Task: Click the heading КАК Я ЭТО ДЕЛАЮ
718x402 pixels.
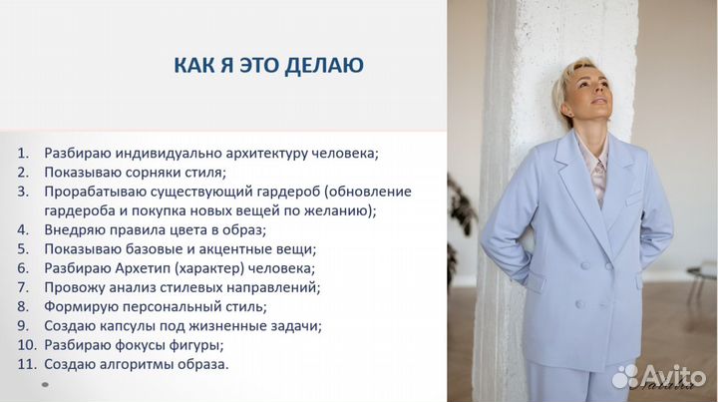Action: coord(268,66)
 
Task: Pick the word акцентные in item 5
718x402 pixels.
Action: coord(228,248)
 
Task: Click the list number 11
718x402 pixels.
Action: coord(25,364)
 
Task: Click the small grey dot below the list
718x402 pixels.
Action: coord(43,384)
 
